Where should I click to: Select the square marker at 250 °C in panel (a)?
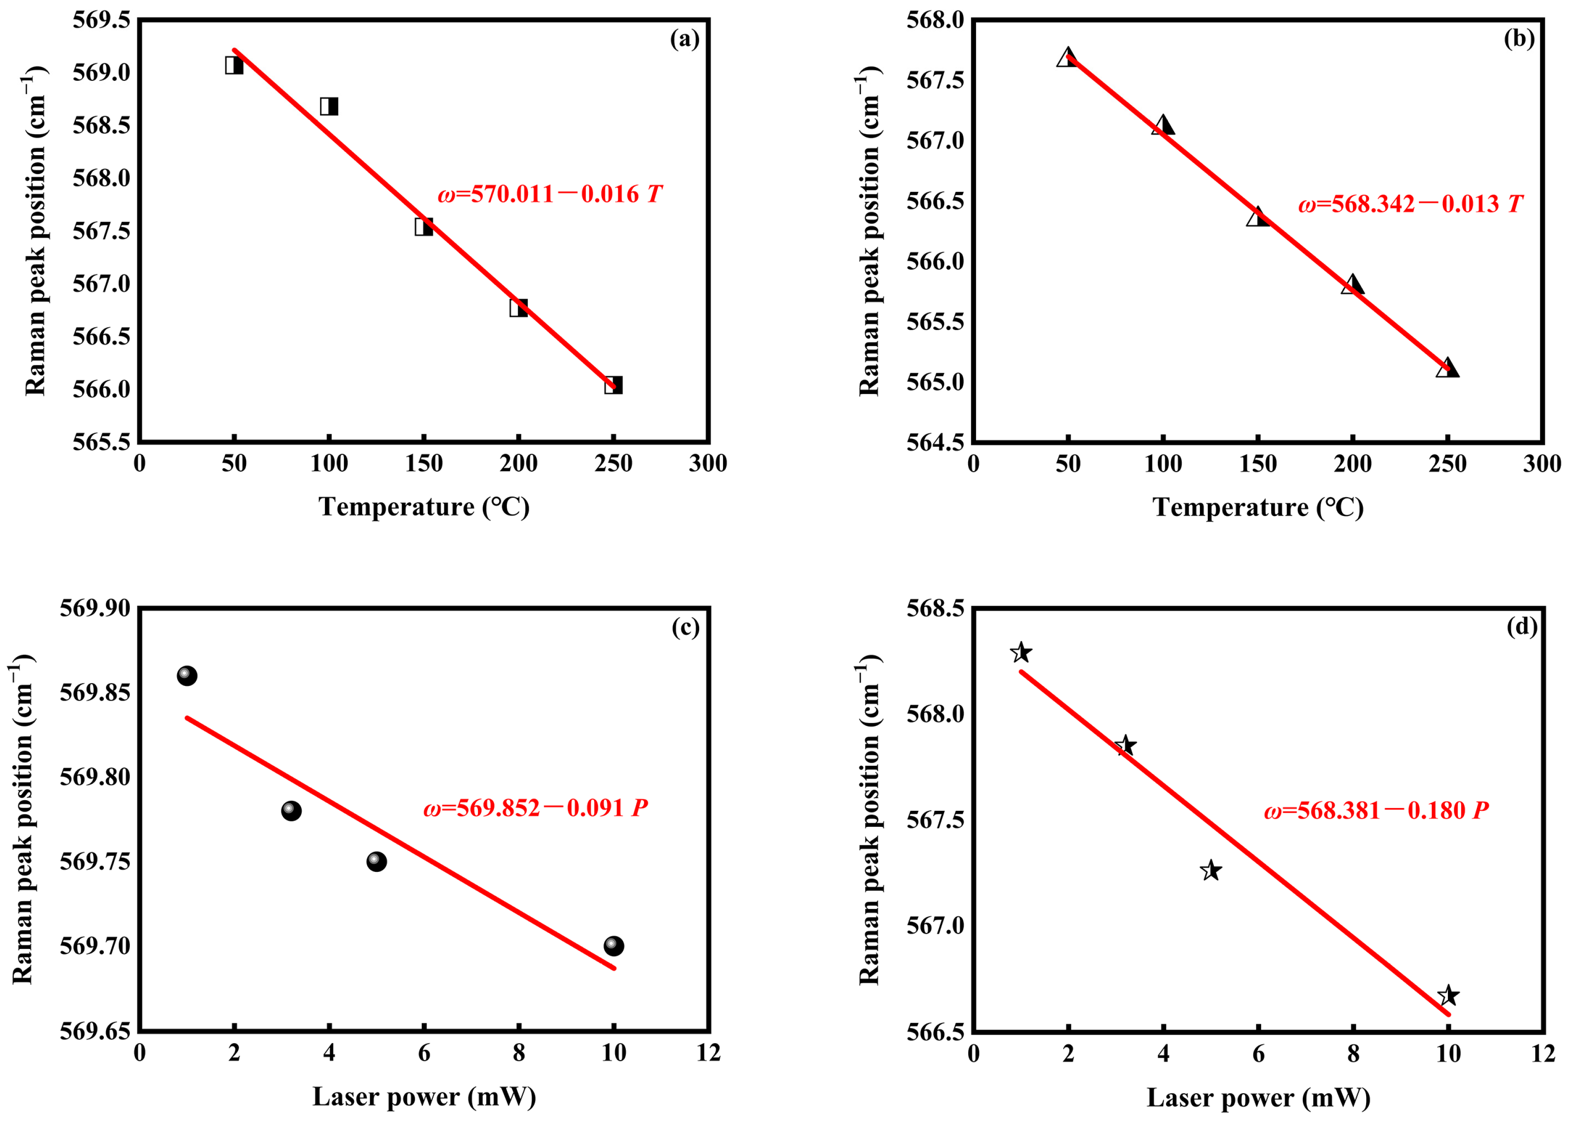613,385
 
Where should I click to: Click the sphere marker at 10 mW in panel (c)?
613,946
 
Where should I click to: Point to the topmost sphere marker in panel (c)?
187,676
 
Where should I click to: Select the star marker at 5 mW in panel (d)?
1211,870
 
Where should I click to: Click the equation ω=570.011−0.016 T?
549,194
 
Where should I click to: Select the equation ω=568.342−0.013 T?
1410,204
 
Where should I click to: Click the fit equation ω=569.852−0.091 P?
535,808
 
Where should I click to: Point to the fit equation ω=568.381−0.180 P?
1376,810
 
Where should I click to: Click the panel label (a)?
684,39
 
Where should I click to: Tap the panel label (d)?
1522,627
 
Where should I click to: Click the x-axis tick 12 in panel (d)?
1543,1053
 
